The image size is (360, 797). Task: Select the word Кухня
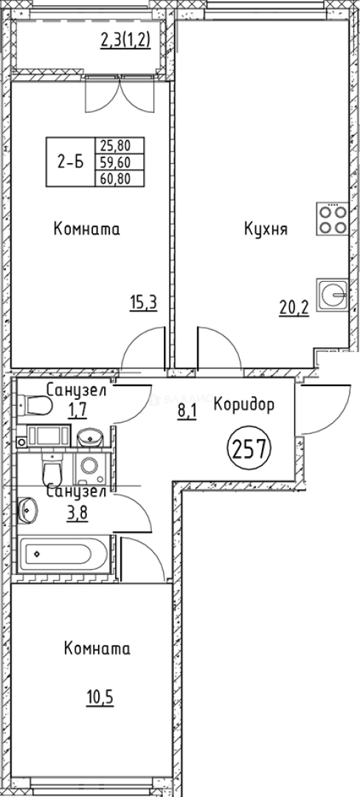pyautogui.click(x=266, y=230)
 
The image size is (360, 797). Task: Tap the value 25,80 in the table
pyautogui.click(x=120, y=147)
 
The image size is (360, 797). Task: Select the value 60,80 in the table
pyautogui.click(x=120, y=177)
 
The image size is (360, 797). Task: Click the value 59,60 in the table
pyautogui.click(x=120, y=162)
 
